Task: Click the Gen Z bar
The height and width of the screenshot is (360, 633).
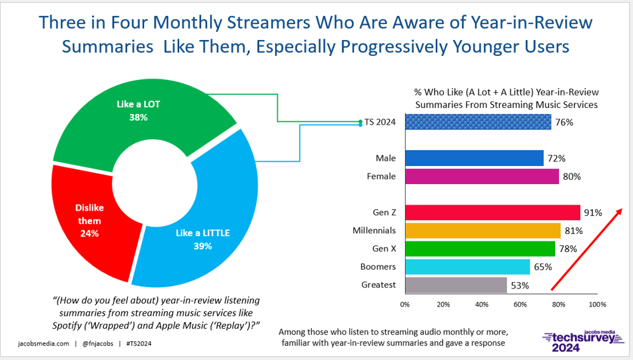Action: pyautogui.click(x=492, y=213)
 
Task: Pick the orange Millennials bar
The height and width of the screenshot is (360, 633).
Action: pyautogui.click(x=482, y=231)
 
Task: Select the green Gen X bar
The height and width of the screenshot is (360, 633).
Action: pyautogui.click(x=480, y=249)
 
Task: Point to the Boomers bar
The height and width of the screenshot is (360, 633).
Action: pyautogui.click(x=467, y=267)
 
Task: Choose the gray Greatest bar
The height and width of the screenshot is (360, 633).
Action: pyautogui.click(x=456, y=285)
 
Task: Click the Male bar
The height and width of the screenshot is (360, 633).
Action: pyautogui.click(x=474, y=158)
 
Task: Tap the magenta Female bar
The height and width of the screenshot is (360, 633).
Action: pyautogui.click(x=482, y=176)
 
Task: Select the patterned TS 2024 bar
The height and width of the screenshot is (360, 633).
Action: pyautogui.click(x=478, y=122)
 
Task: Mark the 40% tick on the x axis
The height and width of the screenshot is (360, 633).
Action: pyautogui.click(x=482, y=304)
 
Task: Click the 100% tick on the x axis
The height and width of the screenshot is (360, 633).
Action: pyautogui.click(x=597, y=304)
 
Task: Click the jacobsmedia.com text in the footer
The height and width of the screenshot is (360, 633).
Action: pyautogui.click(x=43, y=344)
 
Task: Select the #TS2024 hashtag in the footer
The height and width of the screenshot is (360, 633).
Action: pyautogui.click(x=139, y=344)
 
